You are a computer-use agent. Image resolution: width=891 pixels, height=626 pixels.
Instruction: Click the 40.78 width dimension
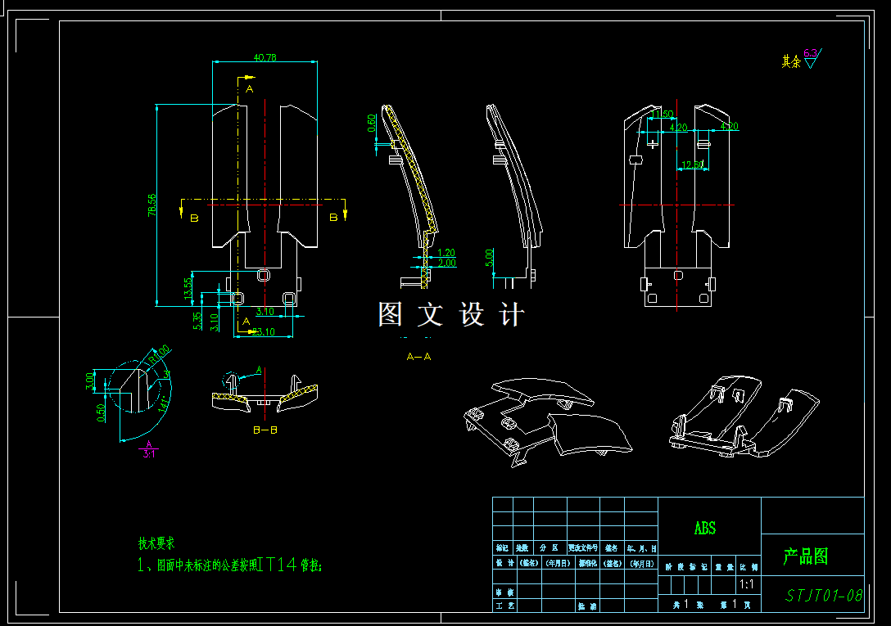click(x=265, y=58)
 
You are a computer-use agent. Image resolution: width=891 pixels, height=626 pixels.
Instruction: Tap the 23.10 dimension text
click(x=263, y=331)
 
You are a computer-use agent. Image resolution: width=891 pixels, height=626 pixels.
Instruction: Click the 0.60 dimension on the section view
click(x=372, y=123)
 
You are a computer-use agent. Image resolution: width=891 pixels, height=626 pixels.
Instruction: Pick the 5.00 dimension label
click(x=489, y=258)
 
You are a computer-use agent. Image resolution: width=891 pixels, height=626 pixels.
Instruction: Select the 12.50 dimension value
click(x=692, y=165)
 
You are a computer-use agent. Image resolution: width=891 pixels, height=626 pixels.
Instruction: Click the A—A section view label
click(x=418, y=357)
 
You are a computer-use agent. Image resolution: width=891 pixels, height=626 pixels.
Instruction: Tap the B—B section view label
click(x=265, y=429)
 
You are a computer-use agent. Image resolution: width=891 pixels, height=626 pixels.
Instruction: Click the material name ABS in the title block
click(x=705, y=529)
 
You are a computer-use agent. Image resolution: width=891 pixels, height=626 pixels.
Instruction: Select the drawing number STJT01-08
click(x=824, y=595)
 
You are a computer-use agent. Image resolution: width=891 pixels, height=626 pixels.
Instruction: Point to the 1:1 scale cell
click(x=747, y=584)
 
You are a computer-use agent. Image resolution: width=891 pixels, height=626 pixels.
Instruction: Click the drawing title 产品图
click(x=805, y=557)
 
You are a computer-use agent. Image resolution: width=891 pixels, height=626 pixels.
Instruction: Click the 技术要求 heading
click(x=156, y=543)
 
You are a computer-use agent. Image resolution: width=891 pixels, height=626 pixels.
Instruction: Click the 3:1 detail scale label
click(x=149, y=453)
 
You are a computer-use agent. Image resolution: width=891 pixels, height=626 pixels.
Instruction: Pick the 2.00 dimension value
click(x=447, y=263)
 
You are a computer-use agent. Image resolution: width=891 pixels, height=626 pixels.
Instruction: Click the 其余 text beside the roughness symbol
click(x=790, y=61)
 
